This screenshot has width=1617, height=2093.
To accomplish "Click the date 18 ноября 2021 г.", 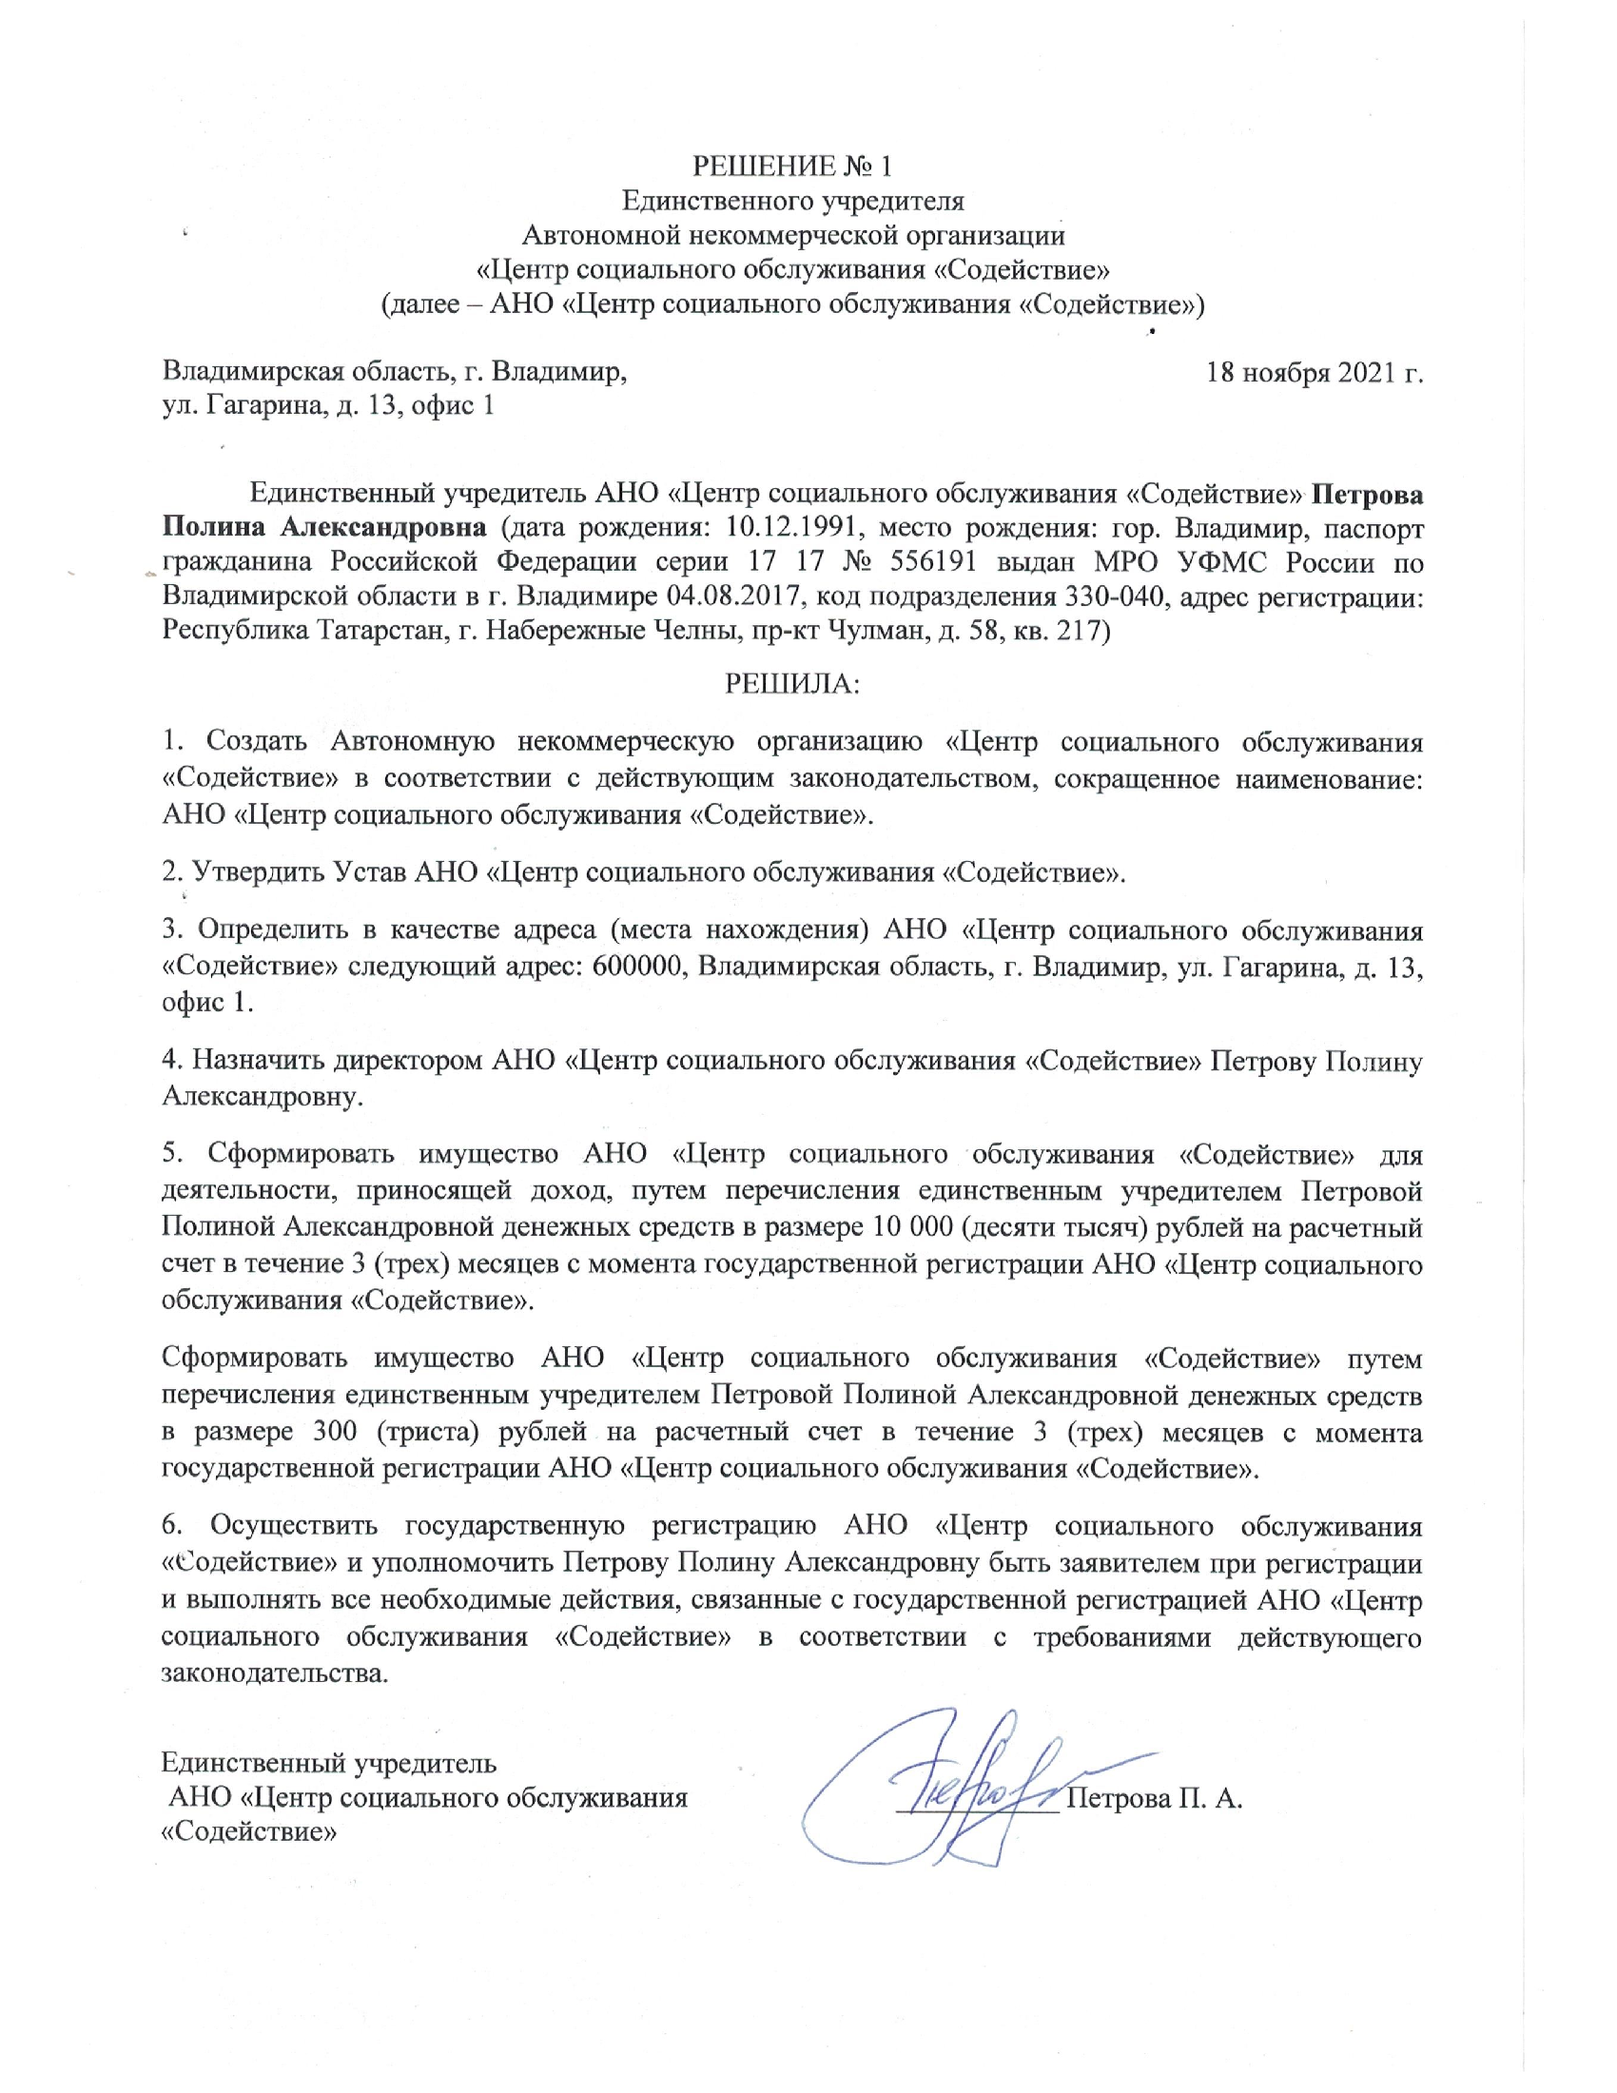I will point(1314,372).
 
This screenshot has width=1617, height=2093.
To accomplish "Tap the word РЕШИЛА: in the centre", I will point(793,683).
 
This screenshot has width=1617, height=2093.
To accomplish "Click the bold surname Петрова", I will point(1366,495).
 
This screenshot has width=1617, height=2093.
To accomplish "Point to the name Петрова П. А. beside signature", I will point(1155,1798).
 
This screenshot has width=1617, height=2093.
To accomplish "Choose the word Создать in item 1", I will point(257,742).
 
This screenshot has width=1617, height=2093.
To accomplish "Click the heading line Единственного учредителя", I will point(792,201).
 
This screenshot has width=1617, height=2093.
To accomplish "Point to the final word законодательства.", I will point(276,1672).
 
